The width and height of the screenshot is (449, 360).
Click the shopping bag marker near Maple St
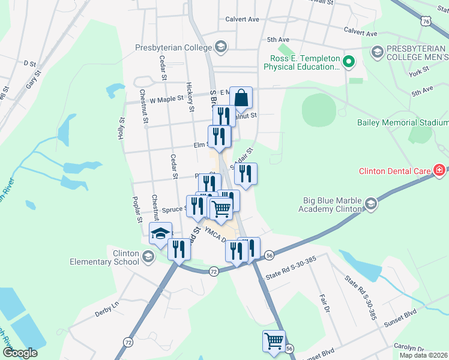coord(241,98)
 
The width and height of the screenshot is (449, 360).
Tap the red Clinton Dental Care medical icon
coord(440,171)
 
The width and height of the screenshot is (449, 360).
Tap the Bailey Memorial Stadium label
coord(403,122)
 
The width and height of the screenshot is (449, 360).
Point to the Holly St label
coord(121,127)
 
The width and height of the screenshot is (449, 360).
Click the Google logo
coord(19,353)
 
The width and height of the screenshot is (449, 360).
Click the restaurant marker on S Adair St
coord(246,173)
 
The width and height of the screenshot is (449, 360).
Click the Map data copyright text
coord(423,355)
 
